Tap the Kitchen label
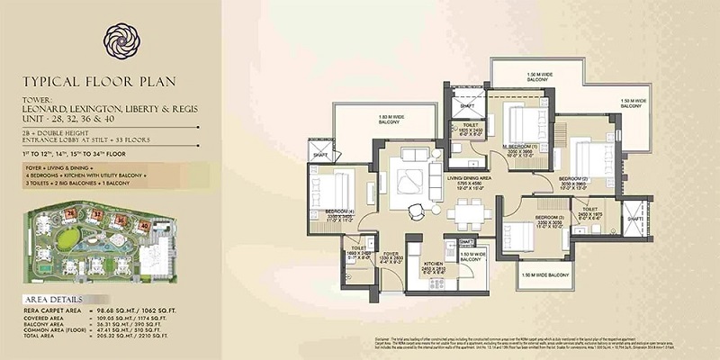434,264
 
